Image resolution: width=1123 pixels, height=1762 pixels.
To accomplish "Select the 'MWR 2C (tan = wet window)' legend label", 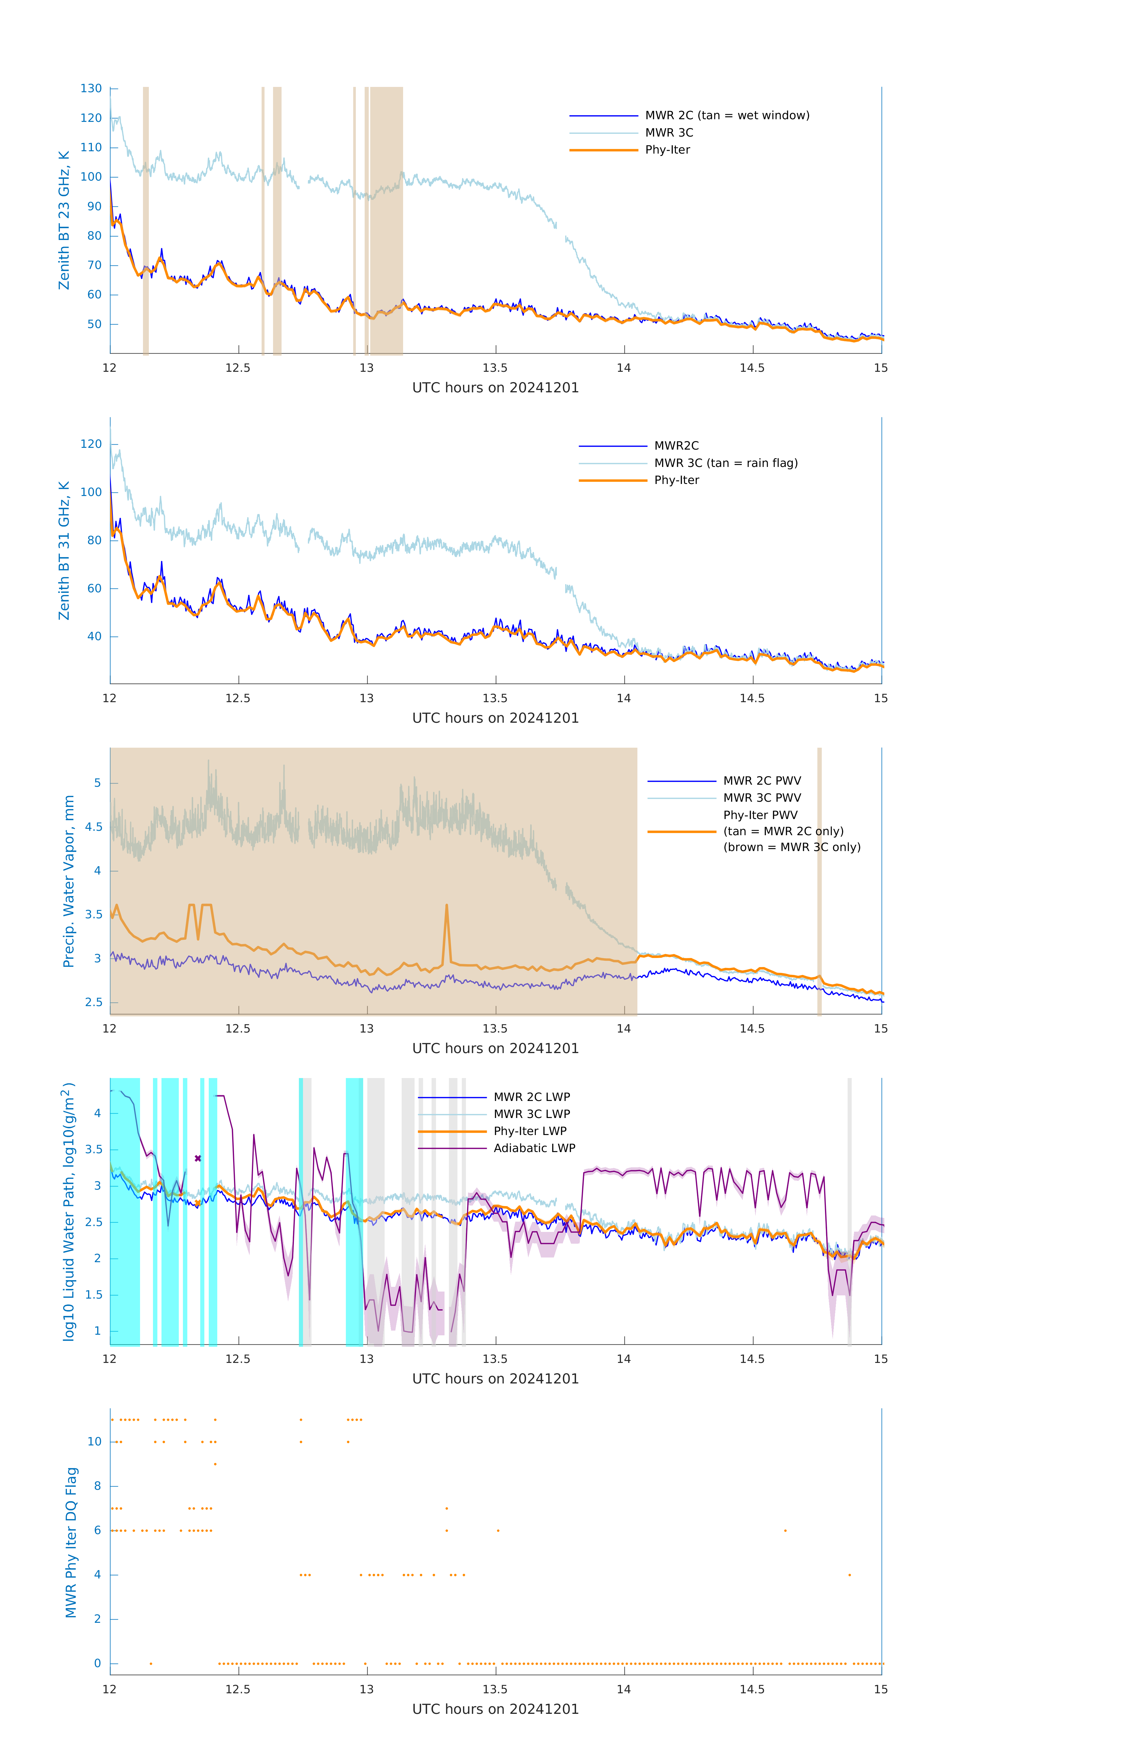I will tap(726, 116).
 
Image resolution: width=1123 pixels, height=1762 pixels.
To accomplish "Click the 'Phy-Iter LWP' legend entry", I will tap(530, 1131).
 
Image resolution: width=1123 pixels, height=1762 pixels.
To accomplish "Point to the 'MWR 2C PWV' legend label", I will tap(762, 781).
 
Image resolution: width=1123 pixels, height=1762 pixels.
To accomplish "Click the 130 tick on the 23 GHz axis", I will tap(91, 88).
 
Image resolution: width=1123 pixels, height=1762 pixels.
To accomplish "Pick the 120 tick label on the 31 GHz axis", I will tap(91, 444).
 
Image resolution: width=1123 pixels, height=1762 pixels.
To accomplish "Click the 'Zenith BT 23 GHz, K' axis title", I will tap(64, 220).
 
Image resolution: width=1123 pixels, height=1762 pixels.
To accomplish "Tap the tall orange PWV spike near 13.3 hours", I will tap(446, 907).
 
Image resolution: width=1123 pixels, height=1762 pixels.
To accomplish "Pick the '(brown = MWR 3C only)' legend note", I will tap(792, 847).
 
